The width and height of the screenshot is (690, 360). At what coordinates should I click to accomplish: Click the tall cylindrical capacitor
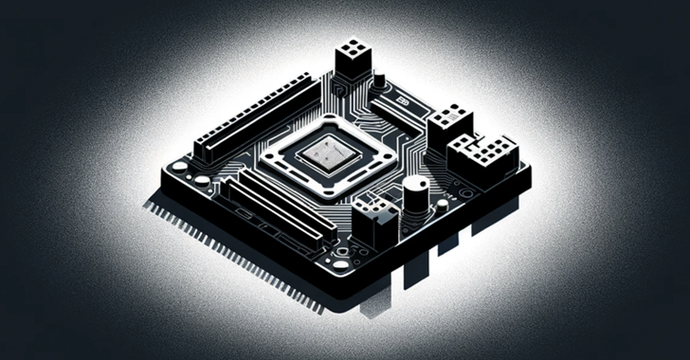[x=414, y=201]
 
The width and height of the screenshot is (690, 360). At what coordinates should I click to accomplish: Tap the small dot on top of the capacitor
[x=414, y=182]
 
